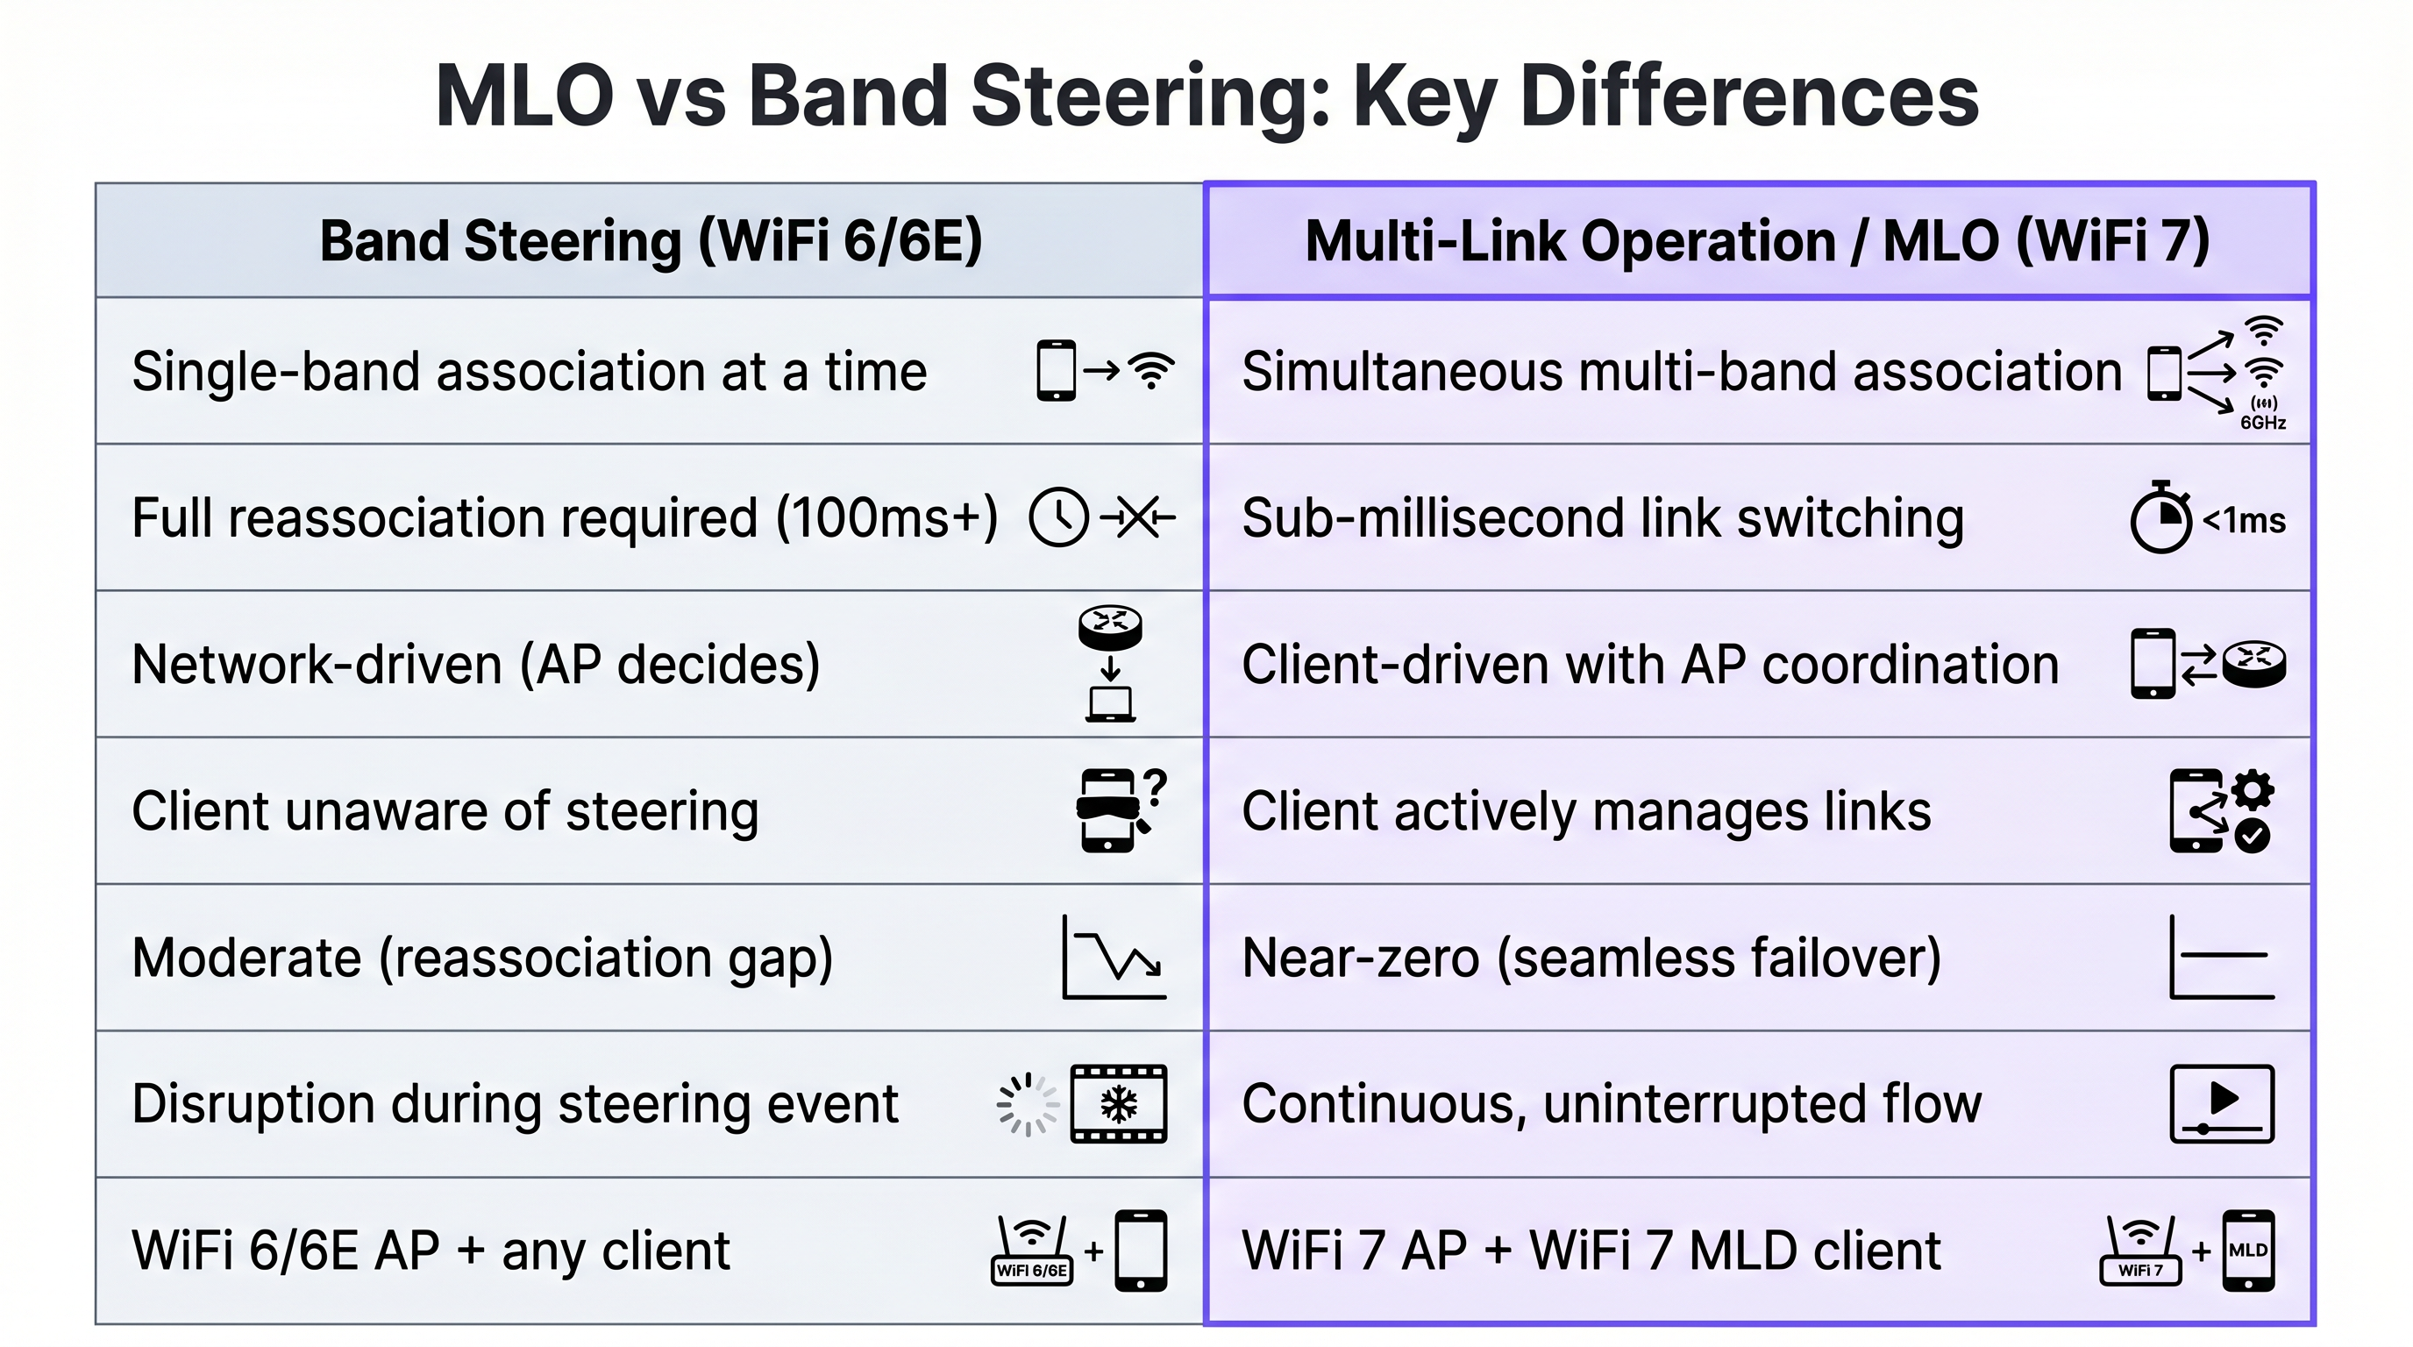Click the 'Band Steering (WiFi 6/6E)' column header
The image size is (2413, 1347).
click(x=650, y=242)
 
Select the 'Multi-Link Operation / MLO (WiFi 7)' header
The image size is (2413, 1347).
click(x=1757, y=242)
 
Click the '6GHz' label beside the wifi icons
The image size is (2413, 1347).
click(x=2262, y=423)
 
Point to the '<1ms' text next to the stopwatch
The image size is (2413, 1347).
click(x=2244, y=520)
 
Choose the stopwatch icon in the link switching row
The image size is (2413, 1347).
click(x=2160, y=518)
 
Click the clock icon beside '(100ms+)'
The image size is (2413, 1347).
click(x=1057, y=517)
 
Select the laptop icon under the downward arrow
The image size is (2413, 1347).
click(x=1110, y=704)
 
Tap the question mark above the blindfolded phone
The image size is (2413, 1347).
click(x=1155, y=787)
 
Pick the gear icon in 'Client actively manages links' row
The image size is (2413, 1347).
click(x=2252, y=791)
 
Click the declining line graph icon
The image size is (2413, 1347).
click(x=1114, y=958)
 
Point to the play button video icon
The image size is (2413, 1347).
click(x=2222, y=1103)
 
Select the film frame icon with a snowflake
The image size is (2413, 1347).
click(x=1119, y=1103)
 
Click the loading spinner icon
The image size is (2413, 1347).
click(x=1027, y=1104)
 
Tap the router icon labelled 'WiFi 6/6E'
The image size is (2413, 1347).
click(x=1031, y=1251)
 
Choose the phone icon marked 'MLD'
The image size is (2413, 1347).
click(x=2248, y=1251)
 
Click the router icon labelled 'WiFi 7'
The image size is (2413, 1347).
click(x=2140, y=1251)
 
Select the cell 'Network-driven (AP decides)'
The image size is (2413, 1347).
click(x=476, y=664)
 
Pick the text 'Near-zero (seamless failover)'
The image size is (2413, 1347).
click(x=1591, y=958)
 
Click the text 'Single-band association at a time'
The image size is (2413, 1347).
click(x=530, y=371)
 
